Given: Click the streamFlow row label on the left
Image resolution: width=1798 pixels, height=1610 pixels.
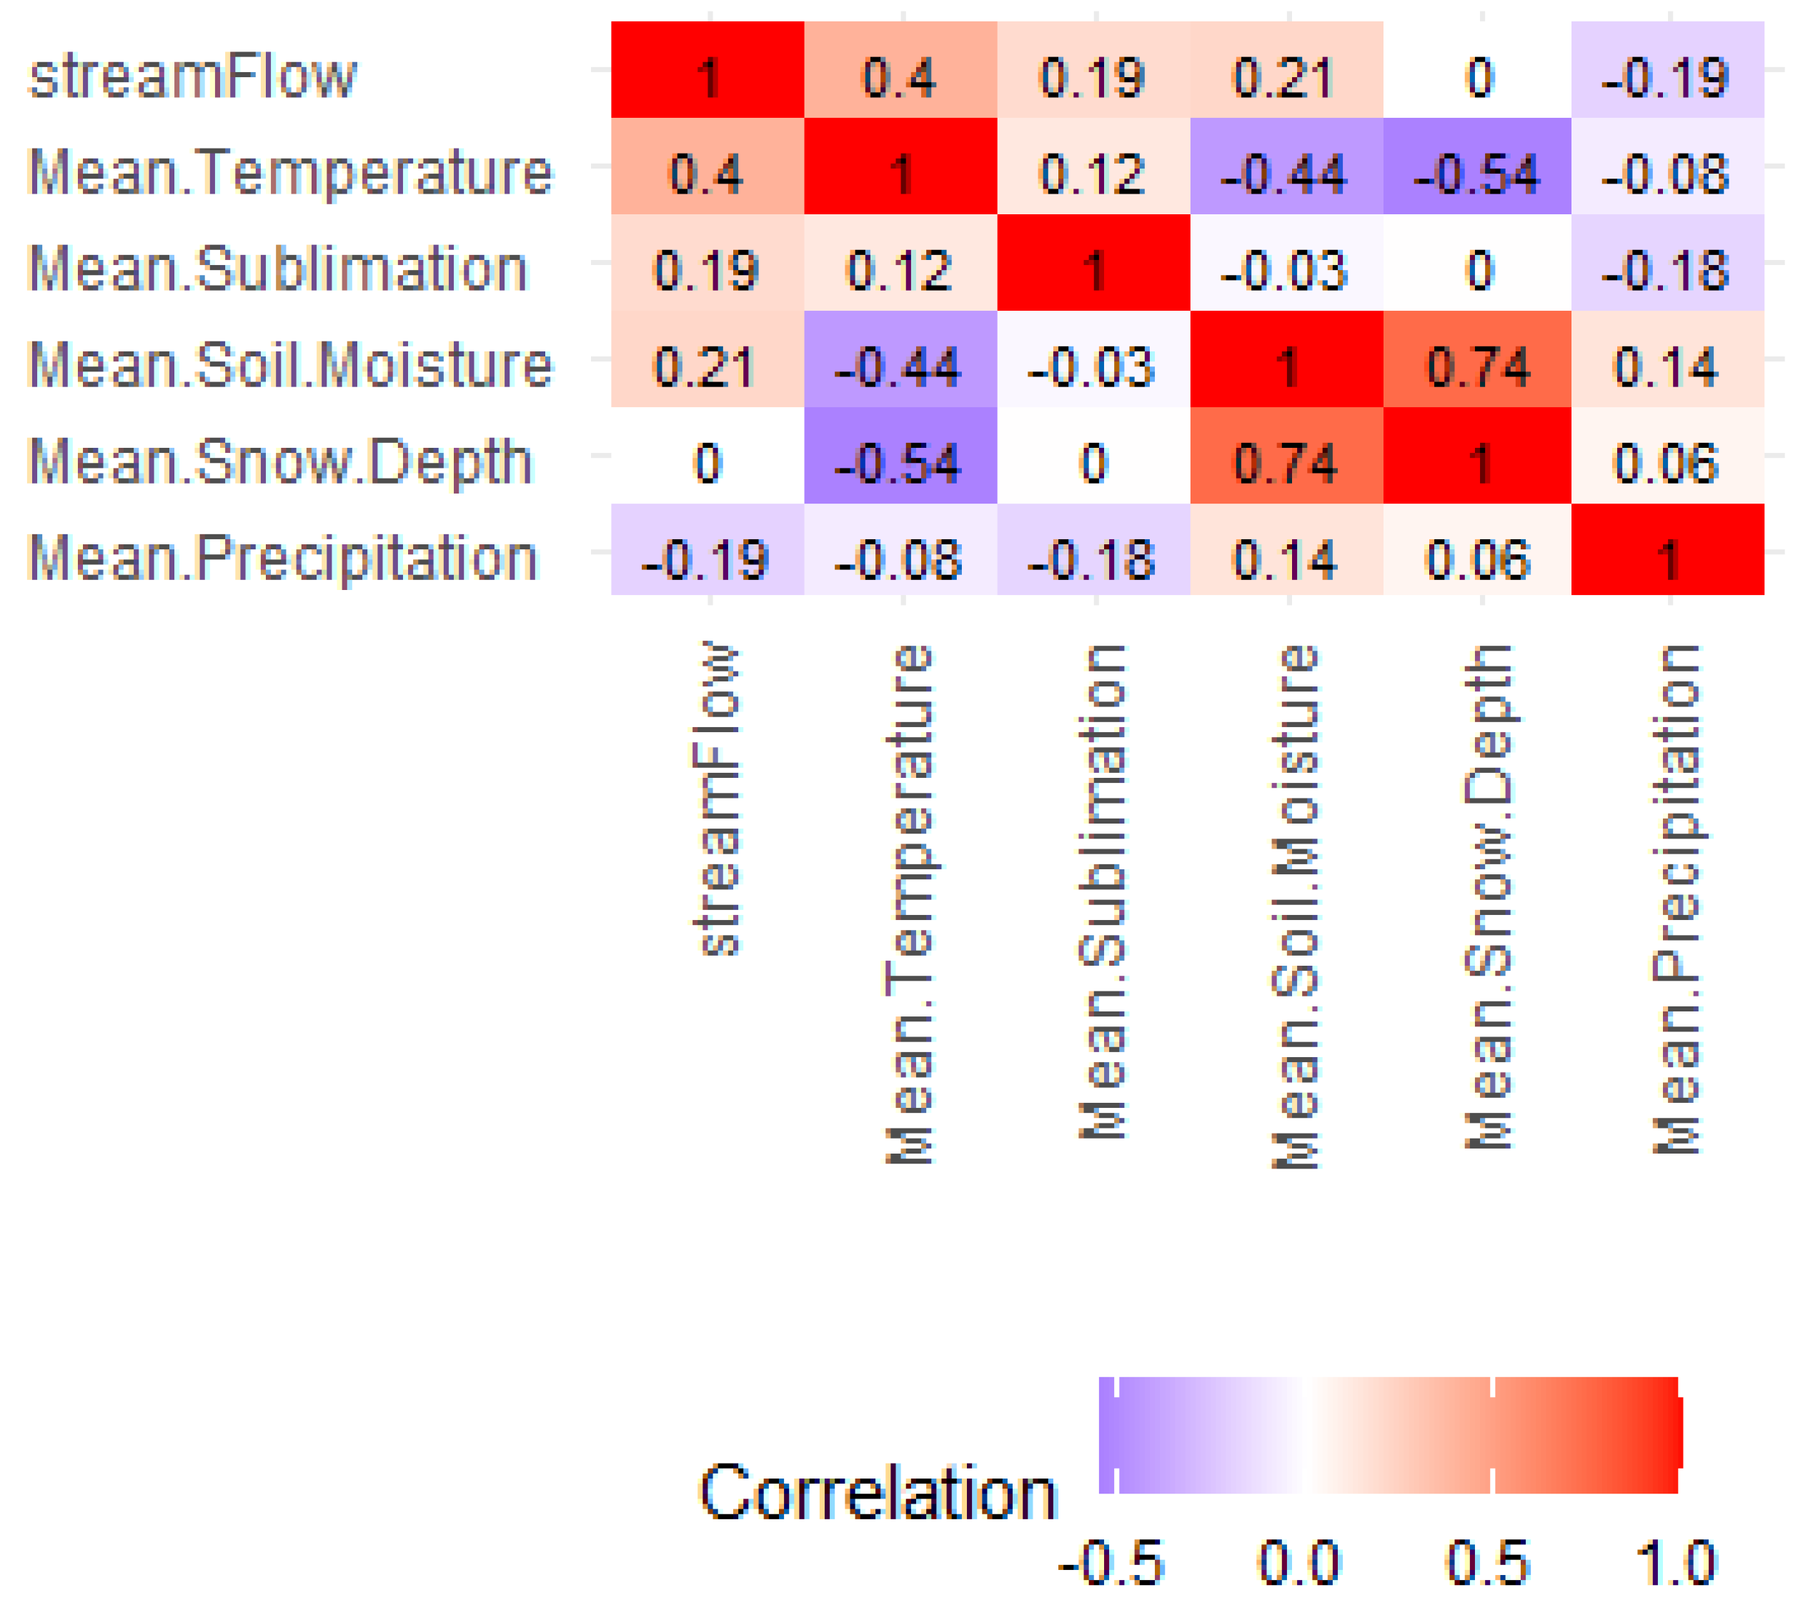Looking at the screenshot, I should coord(193,76).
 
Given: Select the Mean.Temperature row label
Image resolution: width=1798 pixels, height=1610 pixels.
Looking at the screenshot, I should coord(290,173).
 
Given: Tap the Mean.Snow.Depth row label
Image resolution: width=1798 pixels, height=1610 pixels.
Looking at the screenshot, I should coord(281,461).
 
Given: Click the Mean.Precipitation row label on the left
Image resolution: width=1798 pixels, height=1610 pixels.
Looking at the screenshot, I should coord(283,558).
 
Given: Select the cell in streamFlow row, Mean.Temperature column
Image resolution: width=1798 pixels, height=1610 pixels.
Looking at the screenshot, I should coord(900,78).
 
